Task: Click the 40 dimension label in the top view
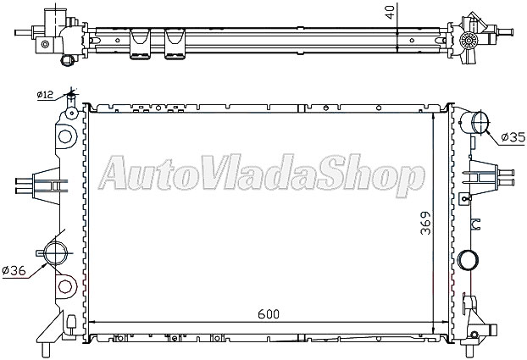point(388,11)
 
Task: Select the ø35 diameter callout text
point(513,136)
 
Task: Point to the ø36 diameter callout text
point(14,270)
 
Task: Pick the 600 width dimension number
point(266,313)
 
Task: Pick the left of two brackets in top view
point(139,48)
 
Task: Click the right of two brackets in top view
point(175,48)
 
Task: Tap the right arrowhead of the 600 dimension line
point(431,323)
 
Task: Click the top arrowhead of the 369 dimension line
point(435,115)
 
